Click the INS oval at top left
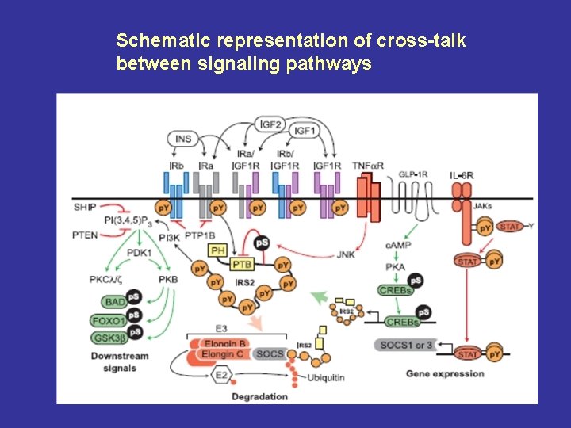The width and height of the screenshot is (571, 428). click(x=183, y=139)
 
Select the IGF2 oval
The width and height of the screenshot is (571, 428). click(x=271, y=123)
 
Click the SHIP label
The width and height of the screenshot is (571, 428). click(x=84, y=207)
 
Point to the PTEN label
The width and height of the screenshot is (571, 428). click(x=85, y=235)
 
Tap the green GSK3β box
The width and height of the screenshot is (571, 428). click(x=109, y=338)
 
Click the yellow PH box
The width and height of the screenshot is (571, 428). click(x=217, y=250)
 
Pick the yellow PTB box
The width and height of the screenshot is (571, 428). click(x=242, y=264)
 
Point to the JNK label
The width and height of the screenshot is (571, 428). click(x=346, y=254)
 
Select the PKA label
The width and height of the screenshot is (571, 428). click(x=396, y=267)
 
